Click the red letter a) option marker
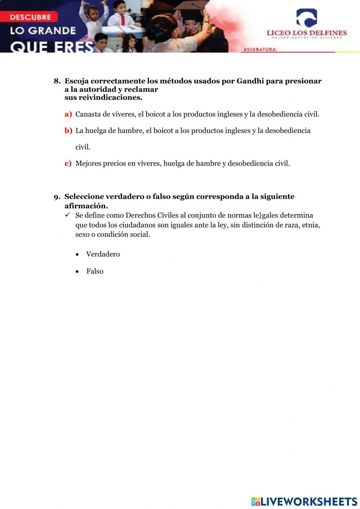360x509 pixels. (68, 114)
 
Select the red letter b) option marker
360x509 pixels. (68, 130)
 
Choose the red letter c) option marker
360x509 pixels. (68, 164)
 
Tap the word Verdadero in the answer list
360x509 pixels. (103, 254)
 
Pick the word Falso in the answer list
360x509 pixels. (95, 272)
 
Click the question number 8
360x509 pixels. (57, 81)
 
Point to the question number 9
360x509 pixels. (57, 197)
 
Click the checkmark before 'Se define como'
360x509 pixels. (67, 215)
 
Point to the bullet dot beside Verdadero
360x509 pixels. (77, 255)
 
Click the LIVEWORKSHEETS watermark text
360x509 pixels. (309, 501)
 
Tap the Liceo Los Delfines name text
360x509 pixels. (306, 33)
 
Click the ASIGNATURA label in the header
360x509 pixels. (260, 49)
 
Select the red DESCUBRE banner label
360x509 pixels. (30, 17)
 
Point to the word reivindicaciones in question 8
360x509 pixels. (110, 98)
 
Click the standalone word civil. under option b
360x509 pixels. (83, 147)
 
